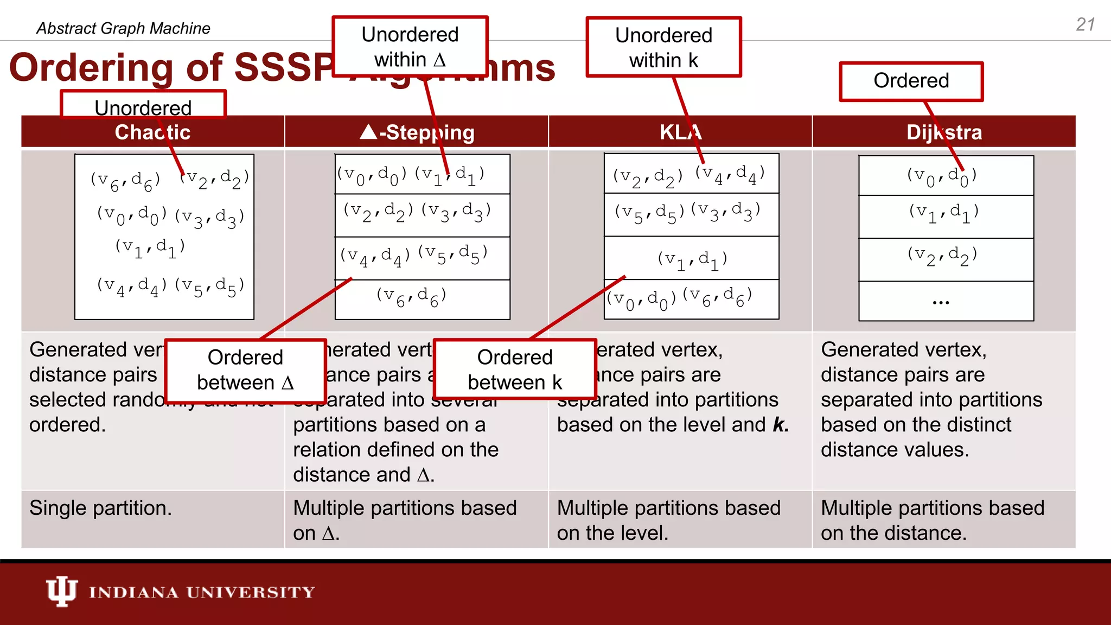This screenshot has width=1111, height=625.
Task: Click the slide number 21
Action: tap(1086, 25)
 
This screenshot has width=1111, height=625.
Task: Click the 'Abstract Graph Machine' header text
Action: tap(123, 28)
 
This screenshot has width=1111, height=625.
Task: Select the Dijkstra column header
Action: tap(944, 132)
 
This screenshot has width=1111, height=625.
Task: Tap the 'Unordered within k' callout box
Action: tap(663, 48)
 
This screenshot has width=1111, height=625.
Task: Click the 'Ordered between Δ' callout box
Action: tap(245, 370)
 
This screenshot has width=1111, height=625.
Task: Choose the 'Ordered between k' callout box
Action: tap(515, 369)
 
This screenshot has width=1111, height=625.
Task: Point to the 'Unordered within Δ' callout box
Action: tap(410, 47)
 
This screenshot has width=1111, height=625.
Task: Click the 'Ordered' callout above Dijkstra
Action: tap(911, 81)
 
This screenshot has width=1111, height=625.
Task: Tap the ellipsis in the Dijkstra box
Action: tap(941, 302)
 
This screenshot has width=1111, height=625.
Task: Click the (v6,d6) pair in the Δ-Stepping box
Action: tap(411, 296)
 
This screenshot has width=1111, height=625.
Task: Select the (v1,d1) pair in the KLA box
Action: tap(692, 259)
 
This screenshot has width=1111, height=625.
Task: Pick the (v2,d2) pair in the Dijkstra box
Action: tap(942, 255)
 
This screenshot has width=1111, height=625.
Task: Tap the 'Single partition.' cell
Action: tap(100, 508)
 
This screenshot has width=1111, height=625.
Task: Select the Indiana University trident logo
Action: tap(61, 591)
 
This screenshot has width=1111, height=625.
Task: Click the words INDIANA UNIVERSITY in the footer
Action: tap(202, 592)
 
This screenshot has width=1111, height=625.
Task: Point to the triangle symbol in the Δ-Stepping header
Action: tap(368, 132)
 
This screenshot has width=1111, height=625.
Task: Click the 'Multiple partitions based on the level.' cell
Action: tap(668, 520)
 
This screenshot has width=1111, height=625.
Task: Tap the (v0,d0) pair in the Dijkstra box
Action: tap(942, 176)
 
